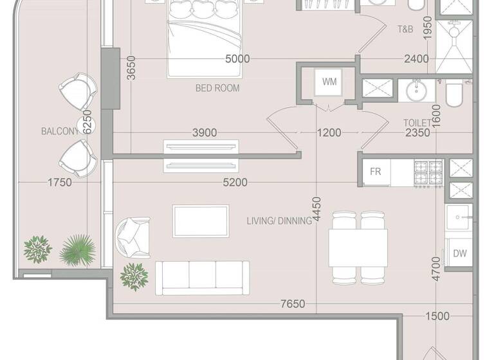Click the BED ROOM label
coord(217,87)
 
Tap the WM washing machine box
coord(329,82)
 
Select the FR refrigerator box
coord(375,172)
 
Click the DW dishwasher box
coord(459,253)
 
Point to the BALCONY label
coord(60,131)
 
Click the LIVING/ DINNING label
coord(279,221)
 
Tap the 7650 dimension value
coord(292,303)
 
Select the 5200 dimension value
coord(234,183)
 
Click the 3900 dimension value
coord(205,133)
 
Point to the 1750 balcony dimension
coord(59,183)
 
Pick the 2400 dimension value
coord(416,59)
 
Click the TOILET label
coord(417,122)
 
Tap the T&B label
coord(405,29)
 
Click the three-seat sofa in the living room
coord(203,278)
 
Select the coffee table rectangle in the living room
coord(201,221)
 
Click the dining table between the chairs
coord(358,247)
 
